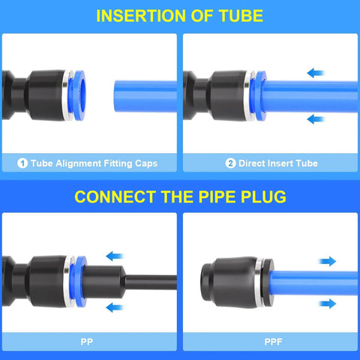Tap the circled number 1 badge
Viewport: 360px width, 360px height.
(22, 163)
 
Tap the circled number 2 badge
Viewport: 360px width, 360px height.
(231, 163)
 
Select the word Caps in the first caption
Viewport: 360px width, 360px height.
(144, 163)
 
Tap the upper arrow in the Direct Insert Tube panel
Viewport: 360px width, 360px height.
(316, 73)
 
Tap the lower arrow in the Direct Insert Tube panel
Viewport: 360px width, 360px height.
(316, 118)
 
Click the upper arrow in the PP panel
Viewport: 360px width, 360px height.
(115, 256)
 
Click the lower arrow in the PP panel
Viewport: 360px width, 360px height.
(115, 306)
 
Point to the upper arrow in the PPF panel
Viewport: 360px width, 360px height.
(327, 262)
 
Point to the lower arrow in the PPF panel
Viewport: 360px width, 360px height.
(327, 303)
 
